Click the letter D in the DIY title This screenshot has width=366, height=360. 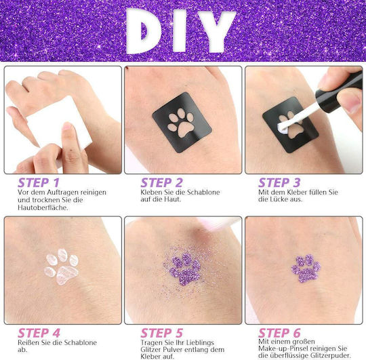point(142,31)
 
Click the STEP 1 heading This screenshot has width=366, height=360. point(39,183)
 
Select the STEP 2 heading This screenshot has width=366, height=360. point(161,183)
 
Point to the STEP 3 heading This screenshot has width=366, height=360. point(279,183)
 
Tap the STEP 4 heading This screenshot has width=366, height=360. point(39,333)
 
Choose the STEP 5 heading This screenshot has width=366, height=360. point(162,333)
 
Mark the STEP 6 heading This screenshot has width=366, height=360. point(280,333)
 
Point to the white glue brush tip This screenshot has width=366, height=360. point(283,128)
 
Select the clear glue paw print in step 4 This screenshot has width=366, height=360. point(62,266)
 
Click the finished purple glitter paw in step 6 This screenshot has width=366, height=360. point(306,268)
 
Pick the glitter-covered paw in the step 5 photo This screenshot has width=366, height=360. point(185,269)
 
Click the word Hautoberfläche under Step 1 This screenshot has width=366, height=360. point(43,207)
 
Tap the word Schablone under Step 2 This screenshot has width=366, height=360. point(203,192)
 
